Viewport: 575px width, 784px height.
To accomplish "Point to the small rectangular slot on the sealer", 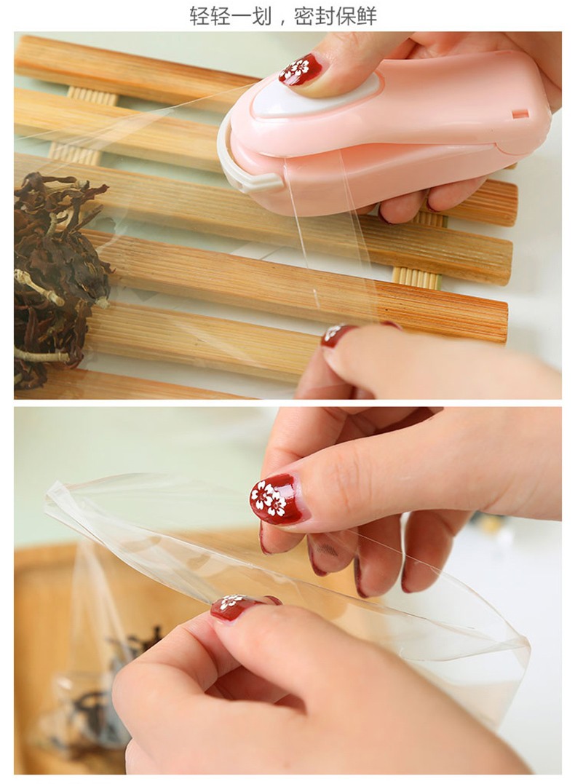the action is tap(520, 114).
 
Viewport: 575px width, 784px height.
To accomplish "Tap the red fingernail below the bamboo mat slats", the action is tap(338, 335).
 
